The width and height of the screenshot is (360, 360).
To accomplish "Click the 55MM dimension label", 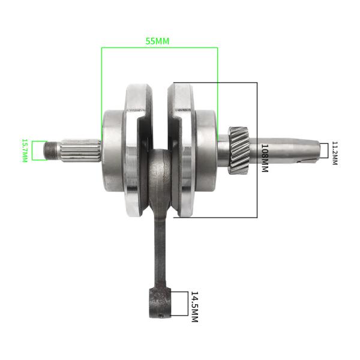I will [x=158, y=41].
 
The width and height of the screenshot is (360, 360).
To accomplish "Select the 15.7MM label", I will [x=25, y=151].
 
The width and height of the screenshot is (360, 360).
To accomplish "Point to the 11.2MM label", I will [x=335, y=153].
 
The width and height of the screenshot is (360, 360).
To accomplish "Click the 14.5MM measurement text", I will [x=194, y=307].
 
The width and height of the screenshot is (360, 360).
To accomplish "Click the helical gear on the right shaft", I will [x=239, y=149].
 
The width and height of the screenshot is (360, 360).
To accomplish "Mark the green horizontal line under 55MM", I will [x=159, y=48].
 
